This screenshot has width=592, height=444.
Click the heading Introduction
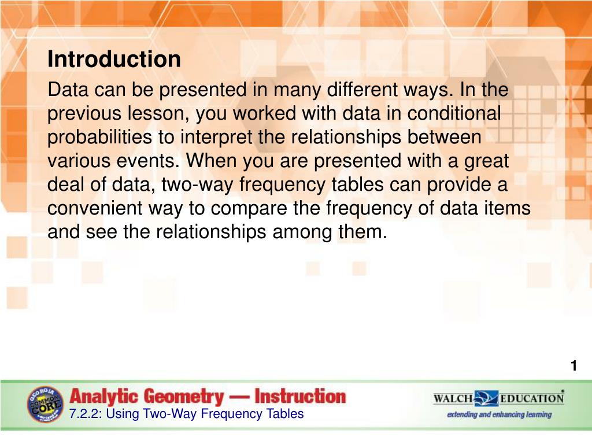[114, 59]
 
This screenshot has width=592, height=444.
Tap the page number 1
[573, 366]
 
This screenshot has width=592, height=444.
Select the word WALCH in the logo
[453, 398]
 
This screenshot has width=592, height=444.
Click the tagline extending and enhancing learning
[499, 415]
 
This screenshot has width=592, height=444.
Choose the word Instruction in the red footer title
[300, 397]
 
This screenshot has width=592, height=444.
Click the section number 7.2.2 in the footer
[83, 414]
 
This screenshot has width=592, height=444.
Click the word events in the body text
[151, 161]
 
